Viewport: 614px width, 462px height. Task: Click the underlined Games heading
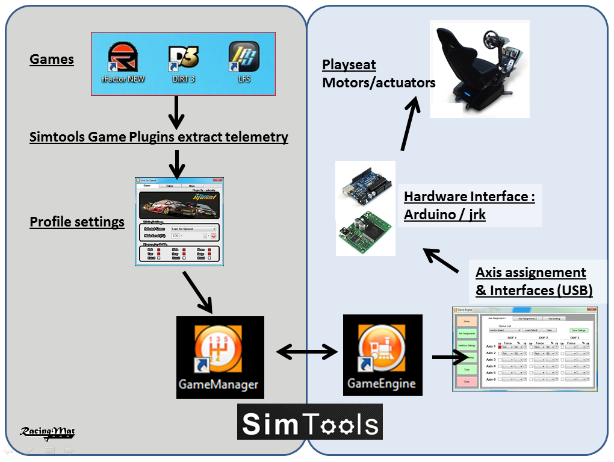(x=52, y=60)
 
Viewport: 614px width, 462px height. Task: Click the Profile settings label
(x=77, y=222)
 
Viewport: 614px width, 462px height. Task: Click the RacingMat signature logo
(x=47, y=432)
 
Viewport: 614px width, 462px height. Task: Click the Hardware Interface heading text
(x=470, y=197)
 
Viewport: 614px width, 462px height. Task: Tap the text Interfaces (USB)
(x=534, y=290)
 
